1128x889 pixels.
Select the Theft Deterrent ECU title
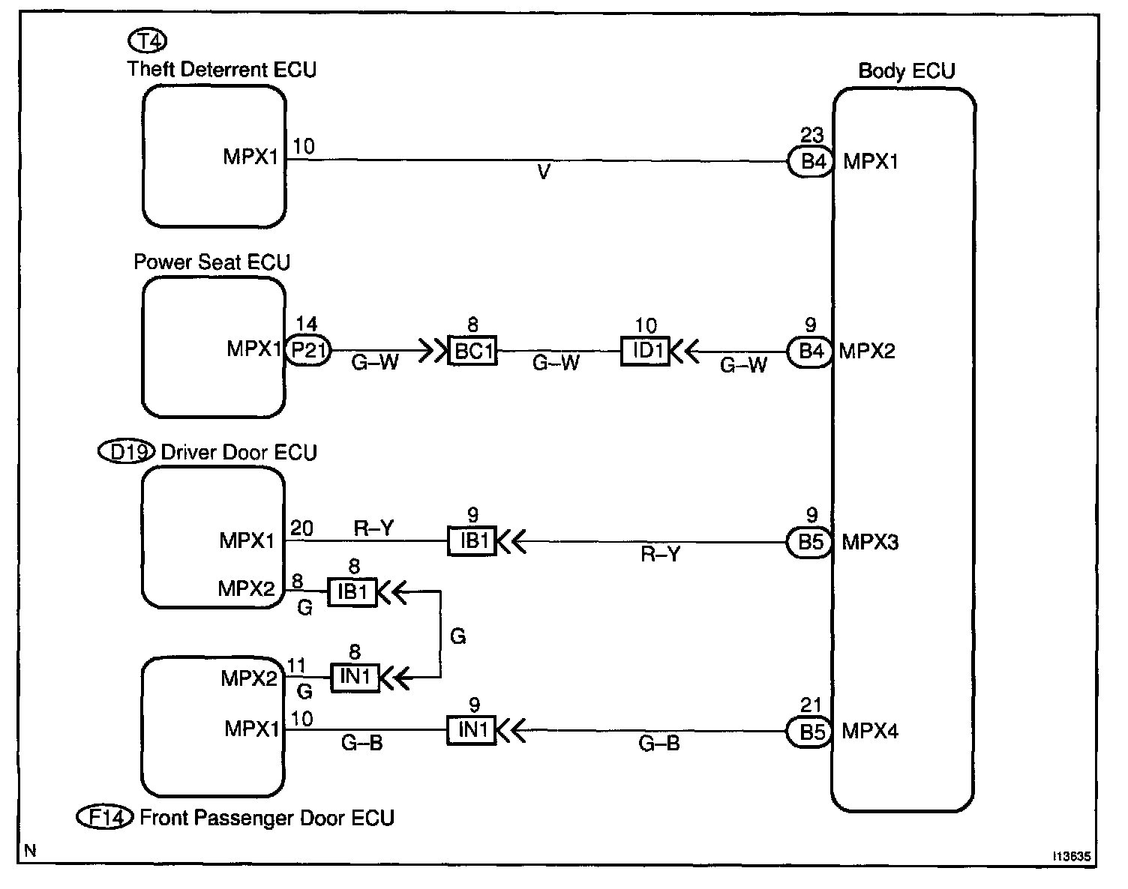pos(222,70)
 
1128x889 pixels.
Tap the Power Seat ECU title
pos(211,262)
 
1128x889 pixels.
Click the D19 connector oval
pos(126,452)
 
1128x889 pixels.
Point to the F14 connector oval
pos(106,817)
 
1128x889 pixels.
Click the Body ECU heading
pos(907,72)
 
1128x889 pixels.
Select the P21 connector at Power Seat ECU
pos(307,351)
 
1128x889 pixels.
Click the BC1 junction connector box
pos(472,351)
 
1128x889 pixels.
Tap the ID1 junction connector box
pos(646,351)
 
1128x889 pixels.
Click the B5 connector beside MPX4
pos(811,732)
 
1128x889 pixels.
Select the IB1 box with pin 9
pos(472,541)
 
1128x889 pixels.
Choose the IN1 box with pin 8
pos(355,678)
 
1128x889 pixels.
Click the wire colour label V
pos(544,173)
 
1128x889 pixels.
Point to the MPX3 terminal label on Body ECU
pos(870,542)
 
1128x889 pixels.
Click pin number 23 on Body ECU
pos(812,136)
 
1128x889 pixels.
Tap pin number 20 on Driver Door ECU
pos(301,528)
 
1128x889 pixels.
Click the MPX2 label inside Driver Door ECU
pos(247,588)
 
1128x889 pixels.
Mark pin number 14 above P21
pos(306,325)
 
